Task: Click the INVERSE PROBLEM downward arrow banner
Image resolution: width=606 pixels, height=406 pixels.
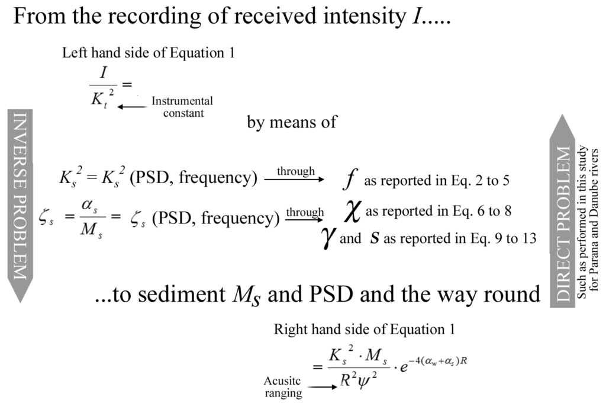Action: tap(20, 202)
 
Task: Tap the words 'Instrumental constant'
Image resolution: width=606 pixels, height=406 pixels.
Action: tap(182, 107)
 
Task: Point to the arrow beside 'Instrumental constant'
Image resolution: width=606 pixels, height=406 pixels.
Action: tap(131, 107)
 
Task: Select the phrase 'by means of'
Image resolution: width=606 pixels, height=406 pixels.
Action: tap(292, 123)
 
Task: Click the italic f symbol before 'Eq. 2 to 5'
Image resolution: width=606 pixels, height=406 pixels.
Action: tap(348, 180)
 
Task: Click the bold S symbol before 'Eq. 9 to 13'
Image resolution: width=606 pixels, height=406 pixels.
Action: tap(374, 239)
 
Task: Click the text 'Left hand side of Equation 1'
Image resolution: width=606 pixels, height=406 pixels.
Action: tap(149, 53)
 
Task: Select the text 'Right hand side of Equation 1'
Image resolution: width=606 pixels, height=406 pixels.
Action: tap(364, 330)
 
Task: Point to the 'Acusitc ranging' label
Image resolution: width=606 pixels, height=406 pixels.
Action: tap(283, 387)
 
